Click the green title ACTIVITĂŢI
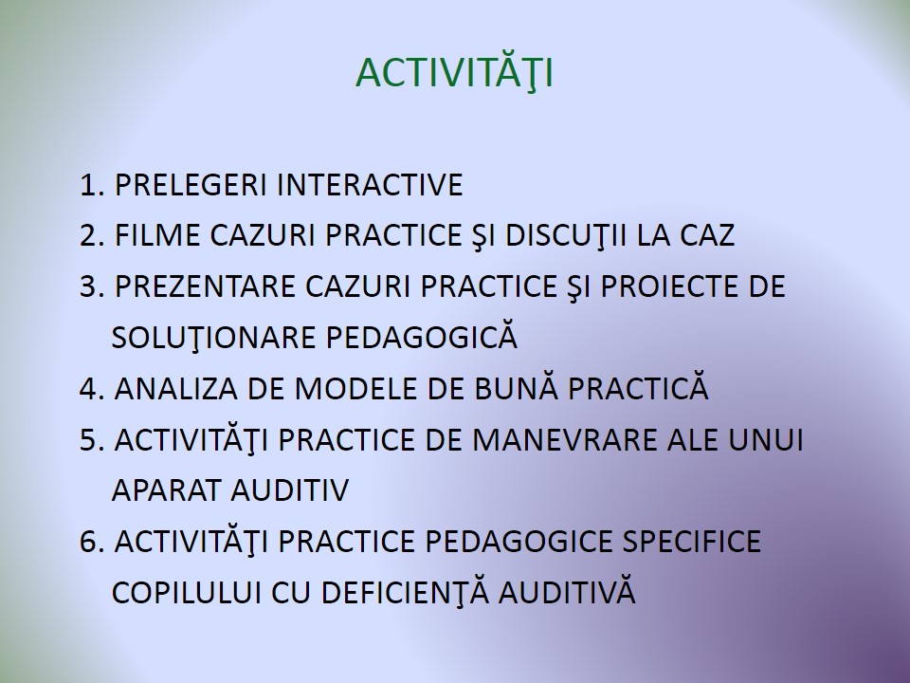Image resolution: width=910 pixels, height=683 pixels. click(x=454, y=72)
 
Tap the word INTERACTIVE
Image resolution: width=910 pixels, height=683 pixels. click(x=370, y=185)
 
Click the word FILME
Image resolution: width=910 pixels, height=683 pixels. click(x=157, y=235)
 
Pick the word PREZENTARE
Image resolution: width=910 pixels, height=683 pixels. click(x=205, y=286)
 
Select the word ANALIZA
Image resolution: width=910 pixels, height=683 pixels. click(x=176, y=389)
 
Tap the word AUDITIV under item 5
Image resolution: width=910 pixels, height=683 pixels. click(x=290, y=490)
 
